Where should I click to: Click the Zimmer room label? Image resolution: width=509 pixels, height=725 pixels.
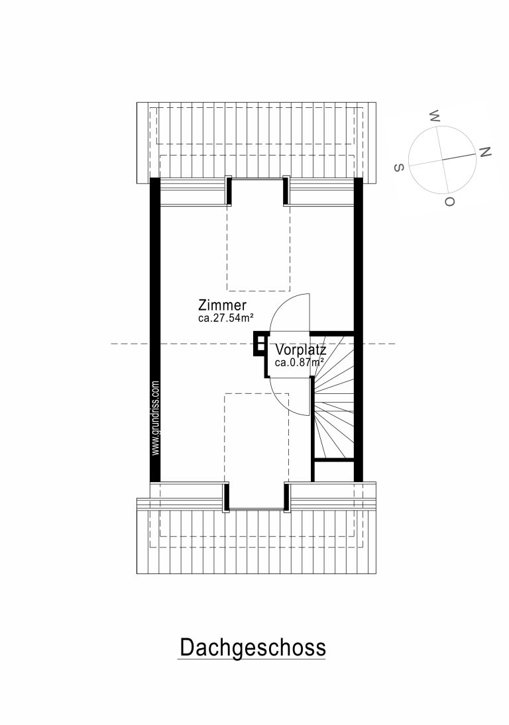point(222,305)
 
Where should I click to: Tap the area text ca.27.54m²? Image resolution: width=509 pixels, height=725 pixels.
point(225,318)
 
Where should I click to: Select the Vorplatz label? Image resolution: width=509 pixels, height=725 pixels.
point(301,350)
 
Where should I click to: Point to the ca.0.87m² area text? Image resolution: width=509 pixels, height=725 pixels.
point(299,363)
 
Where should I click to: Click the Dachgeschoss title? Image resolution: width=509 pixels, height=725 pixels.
point(253,647)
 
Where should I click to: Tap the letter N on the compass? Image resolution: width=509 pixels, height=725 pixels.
point(484,152)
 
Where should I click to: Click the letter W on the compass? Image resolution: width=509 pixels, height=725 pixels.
point(435,116)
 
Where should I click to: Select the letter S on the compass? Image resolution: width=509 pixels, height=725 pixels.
point(399,168)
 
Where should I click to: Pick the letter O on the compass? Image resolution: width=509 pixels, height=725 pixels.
point(449,201)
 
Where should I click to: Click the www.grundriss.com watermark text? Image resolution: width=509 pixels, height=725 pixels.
point(156,418)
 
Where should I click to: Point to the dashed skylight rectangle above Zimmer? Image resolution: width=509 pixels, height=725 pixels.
point(258,248)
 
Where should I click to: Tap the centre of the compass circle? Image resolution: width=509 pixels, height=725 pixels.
point(442,160)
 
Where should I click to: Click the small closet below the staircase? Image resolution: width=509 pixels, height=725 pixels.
point(334,471)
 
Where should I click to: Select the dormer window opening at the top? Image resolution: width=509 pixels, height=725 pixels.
point(258,191)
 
